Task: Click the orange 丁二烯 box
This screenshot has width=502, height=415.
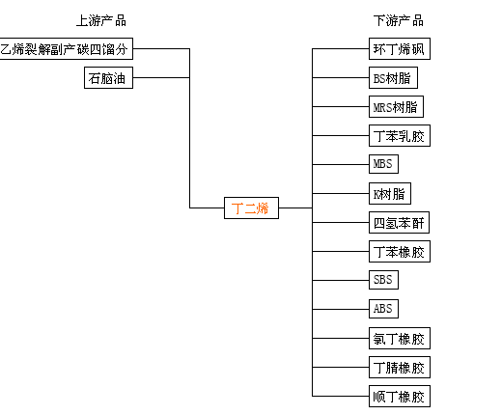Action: tap(251, 207)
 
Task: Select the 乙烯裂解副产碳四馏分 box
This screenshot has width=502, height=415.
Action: tap(66, 49)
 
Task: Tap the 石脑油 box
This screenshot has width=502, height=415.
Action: tap(108, 77)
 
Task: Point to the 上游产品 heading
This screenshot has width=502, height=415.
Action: tap(101, 21)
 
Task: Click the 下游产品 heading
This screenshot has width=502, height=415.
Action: tap(399, 21)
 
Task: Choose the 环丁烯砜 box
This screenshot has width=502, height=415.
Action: tap(400, 49)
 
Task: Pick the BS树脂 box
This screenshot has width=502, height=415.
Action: tap(393, 77)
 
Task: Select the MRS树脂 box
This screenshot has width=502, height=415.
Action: tap(396, 106)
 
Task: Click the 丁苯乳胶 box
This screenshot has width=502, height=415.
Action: tap(400, 135)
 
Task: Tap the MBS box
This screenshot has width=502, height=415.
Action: tap(383, 164)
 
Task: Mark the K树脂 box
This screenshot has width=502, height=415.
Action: tap(390, 193)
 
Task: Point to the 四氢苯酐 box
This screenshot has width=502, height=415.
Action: tap(399, 222)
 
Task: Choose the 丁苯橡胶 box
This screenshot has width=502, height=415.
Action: tap(400, 251)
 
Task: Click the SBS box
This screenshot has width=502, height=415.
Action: tap(383, 280)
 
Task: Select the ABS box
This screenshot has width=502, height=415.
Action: tap(383, 309)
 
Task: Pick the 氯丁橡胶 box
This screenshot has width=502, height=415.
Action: tap(400, 338)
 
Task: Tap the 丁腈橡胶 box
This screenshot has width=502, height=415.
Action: tap(400, 367)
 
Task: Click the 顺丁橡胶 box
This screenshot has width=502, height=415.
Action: tap(400, 396)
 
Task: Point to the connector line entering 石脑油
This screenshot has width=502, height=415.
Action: tap(161, 77)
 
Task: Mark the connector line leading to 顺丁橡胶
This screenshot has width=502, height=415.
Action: tap(341, 396)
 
